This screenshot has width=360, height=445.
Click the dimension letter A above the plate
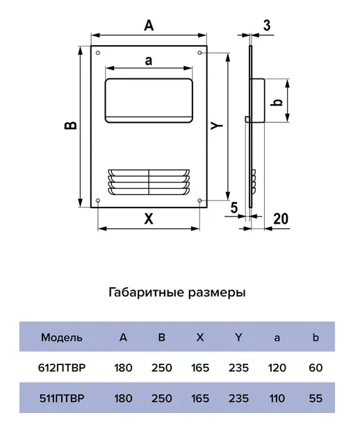pos(149,25)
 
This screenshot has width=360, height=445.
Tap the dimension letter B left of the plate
pos(71,126)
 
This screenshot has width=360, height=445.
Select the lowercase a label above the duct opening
pos(149,60)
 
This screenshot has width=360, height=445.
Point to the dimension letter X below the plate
pos(149,219)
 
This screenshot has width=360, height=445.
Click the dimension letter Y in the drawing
pos(217,125)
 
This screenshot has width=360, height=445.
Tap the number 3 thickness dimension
pos(267,25)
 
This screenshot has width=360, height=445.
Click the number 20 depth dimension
pos(281,219)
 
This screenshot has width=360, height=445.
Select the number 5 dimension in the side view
pos(234,208)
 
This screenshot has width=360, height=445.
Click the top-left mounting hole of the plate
pos(98,53)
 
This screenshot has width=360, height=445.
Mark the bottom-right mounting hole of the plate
pos(199,201)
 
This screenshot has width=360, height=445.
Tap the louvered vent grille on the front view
pos(149,183)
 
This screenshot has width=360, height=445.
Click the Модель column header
pos(62,337)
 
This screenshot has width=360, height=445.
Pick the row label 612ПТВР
pos(62,368)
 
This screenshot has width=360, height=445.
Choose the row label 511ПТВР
pos(62,398)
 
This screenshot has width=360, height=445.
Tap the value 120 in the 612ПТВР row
pos(277,368)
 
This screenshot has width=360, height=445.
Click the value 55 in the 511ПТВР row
pos(316,398)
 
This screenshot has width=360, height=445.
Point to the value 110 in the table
pos(277,398)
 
